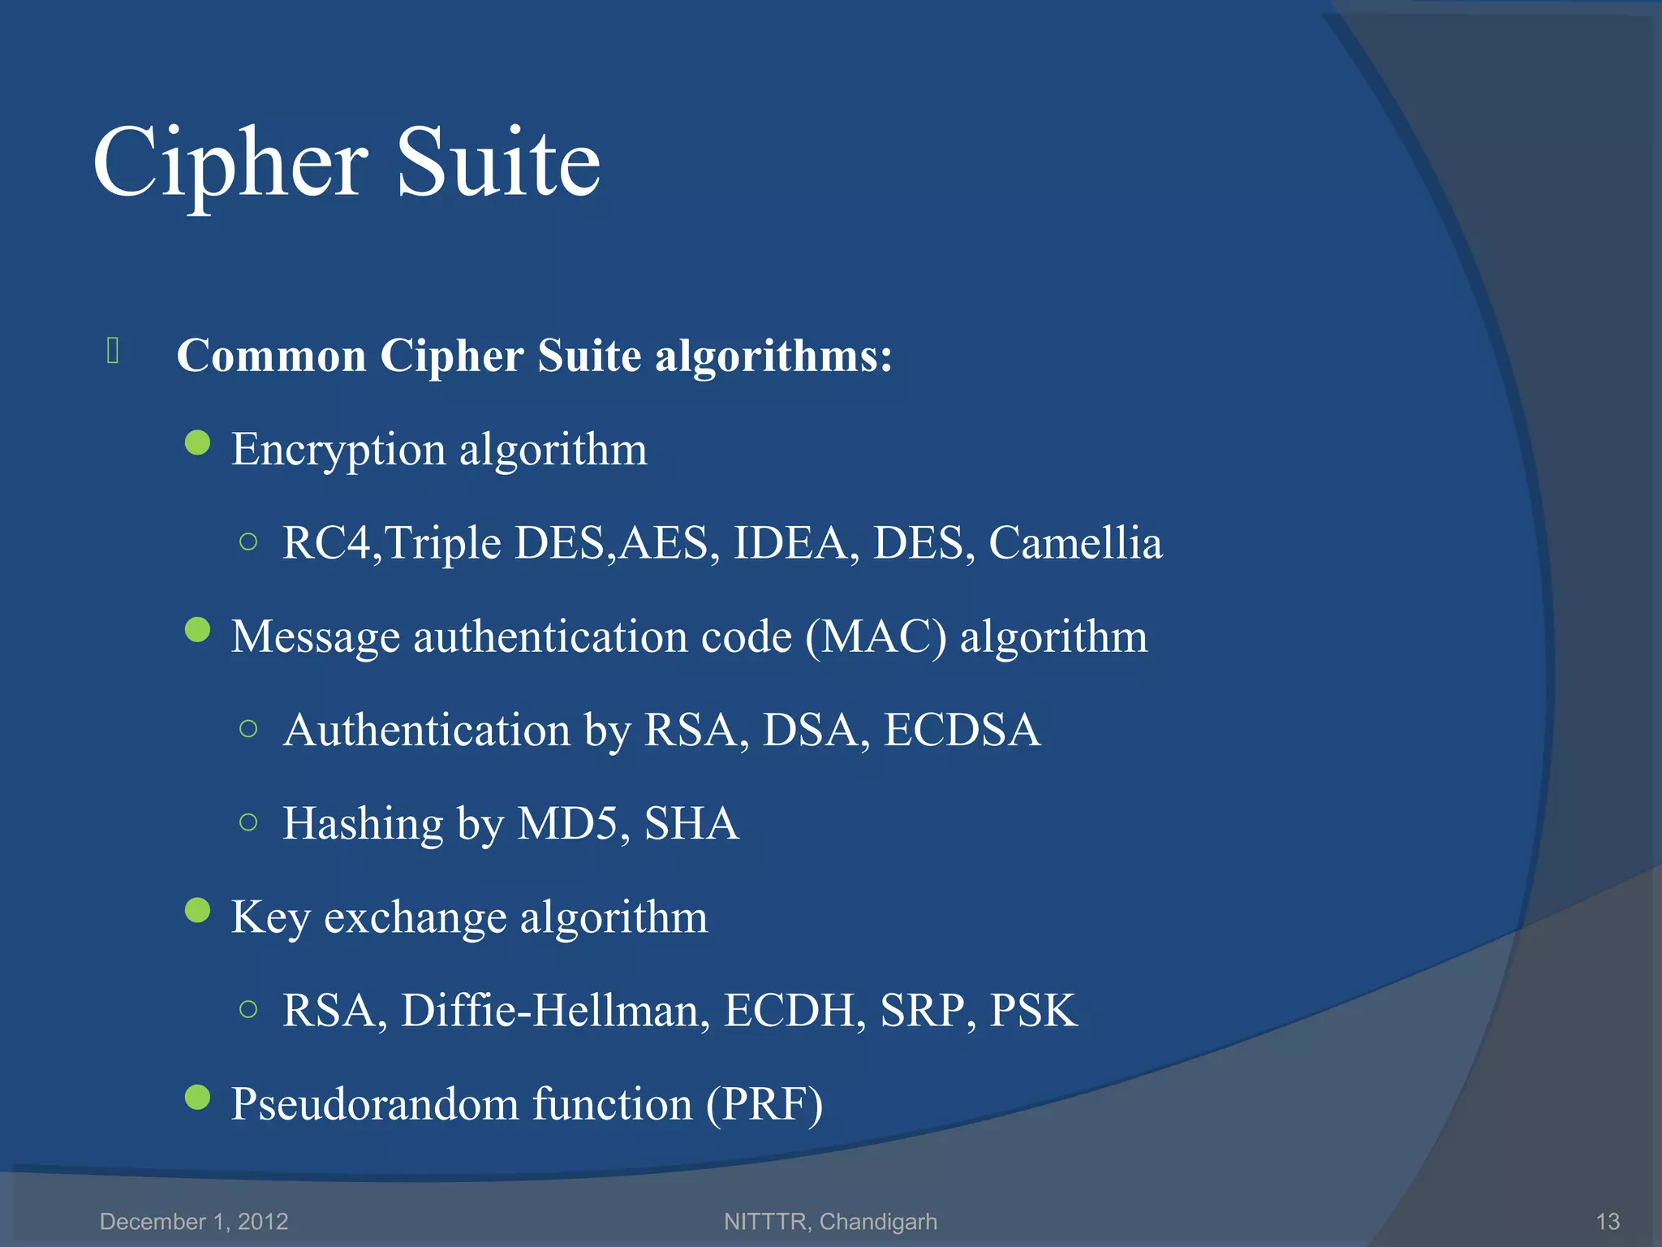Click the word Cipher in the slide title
click(230, 165)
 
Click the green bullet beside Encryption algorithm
click(197, 443)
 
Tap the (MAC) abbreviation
click(876, 636)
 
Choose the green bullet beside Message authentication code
click(197, 630)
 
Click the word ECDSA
click(962, 730)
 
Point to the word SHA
click(691, 823)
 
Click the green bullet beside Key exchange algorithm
click(197, 911)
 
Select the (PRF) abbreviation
click(764, 1104)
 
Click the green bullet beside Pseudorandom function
click(197, 1098)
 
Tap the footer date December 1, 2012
click(194, 1221)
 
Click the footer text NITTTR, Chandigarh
click(830, 1221)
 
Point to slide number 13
click(1608, 1221)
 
